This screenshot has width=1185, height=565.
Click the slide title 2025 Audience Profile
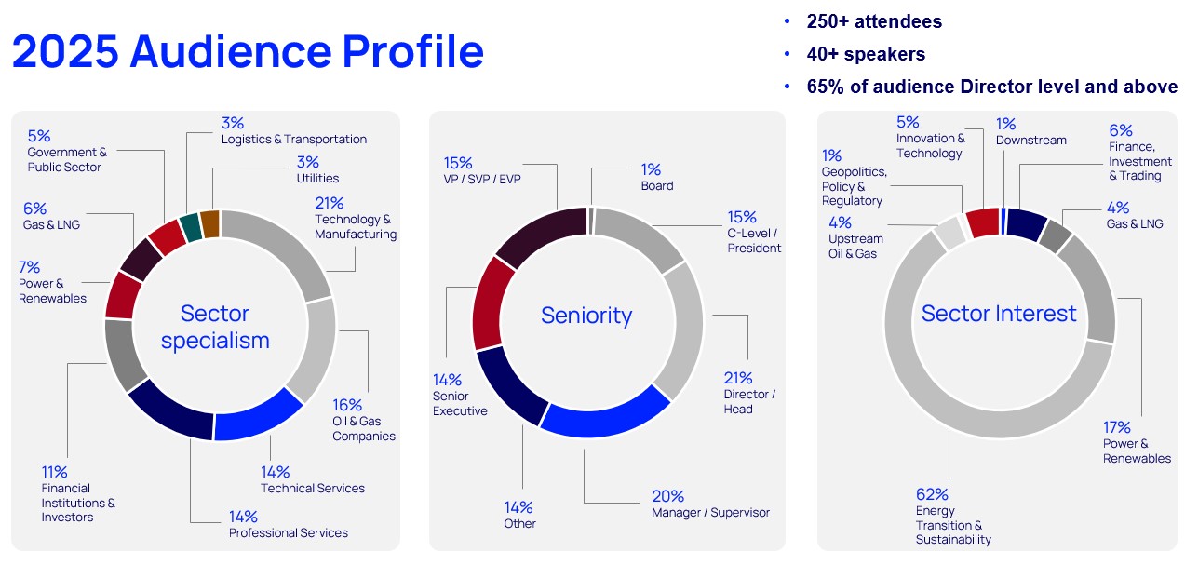click(248, 51)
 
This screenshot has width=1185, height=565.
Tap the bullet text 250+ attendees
click(873, 21)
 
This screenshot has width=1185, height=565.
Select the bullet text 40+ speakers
click(866, 54)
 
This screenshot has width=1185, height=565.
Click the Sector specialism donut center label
click(215, 327)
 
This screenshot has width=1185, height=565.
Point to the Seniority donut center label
click(586, 316)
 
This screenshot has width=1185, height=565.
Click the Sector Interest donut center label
click(999, 314)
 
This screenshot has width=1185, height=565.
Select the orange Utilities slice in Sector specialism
click(209, 224)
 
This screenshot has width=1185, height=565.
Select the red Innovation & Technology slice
click(981, 222)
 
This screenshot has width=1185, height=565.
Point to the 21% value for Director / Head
click(738, 379)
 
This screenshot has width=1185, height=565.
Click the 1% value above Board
click(651, 169)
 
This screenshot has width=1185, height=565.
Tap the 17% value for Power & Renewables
click(1117, 428)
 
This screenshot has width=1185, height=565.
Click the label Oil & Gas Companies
click(364, 429)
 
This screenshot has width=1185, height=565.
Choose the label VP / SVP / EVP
click(483, 178)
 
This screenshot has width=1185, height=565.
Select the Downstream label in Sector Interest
click(1030, 140)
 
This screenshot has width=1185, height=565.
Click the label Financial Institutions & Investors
click(78, 503)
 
